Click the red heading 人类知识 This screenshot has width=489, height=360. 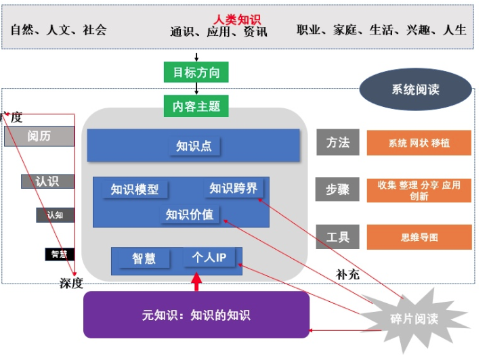pyautogui.click(x=237, y=20)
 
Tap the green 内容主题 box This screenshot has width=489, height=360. pyautogui.click(x=196, y=106)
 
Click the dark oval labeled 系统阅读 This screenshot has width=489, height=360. pyautogui.click(x=415, y=89)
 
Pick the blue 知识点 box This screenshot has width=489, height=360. pyautogui.click(x=194, y=145)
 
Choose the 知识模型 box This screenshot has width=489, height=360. pyautogui.click(x=135, y=189)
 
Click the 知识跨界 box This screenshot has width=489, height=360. pyautogui.click(x=234, y=188)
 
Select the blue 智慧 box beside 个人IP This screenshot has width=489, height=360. pyautogui.click(x=144, y=258)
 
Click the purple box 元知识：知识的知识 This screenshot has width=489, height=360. pyautogui.click(x=196, y=315)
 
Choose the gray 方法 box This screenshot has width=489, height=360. pyautogui.click(x=337, y=143)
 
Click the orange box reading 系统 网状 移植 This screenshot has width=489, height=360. pyautogui.click(x=419, y=143)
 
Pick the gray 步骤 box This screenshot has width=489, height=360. pyautogui.click(x=337, y=189)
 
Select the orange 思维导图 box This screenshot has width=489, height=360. pyautogui.click(x=419, y=238)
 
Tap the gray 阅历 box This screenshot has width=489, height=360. pyautogui.click(x=39, y=136)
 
